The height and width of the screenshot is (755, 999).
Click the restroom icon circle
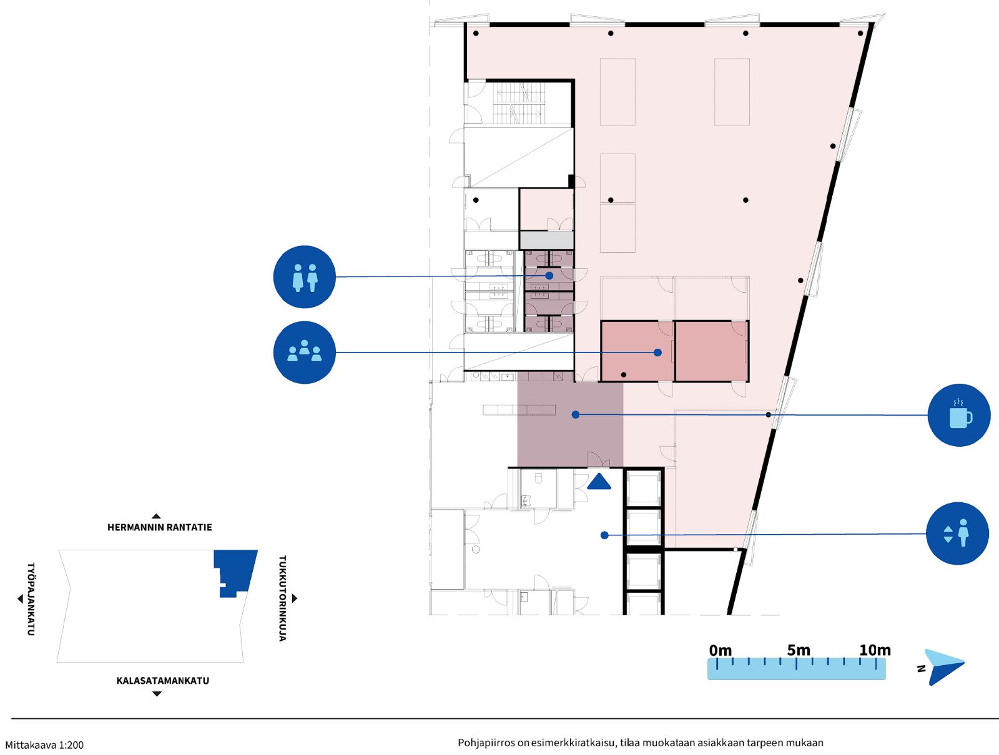pos(305,277)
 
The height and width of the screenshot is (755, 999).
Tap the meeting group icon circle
pos(305,353)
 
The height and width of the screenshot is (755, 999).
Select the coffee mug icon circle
pos(959,416)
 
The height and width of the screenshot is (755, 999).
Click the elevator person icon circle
pos(958,533)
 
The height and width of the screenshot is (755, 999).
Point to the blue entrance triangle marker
pos(599,482)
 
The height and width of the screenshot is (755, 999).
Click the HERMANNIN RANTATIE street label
pos(160,528)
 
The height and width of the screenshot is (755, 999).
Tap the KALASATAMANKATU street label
pos(163,681)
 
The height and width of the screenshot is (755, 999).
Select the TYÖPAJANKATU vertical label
pos(31,599)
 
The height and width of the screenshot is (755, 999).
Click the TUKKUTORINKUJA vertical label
pos(282,598)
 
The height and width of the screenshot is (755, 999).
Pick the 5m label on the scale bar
pos(799,650)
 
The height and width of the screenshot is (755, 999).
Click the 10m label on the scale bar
pos(875,650)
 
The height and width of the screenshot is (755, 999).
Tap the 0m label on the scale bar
pos(721,650)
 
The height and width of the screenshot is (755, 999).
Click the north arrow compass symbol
pos(944,667)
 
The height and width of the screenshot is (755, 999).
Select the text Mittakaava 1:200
pos(44,745)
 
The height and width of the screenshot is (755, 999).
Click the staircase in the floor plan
pos(519,102)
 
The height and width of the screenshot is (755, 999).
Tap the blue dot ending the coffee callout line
pos(575,414)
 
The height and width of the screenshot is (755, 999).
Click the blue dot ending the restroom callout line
pos(549,276)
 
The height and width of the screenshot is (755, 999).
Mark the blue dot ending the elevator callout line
pos(604,535)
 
